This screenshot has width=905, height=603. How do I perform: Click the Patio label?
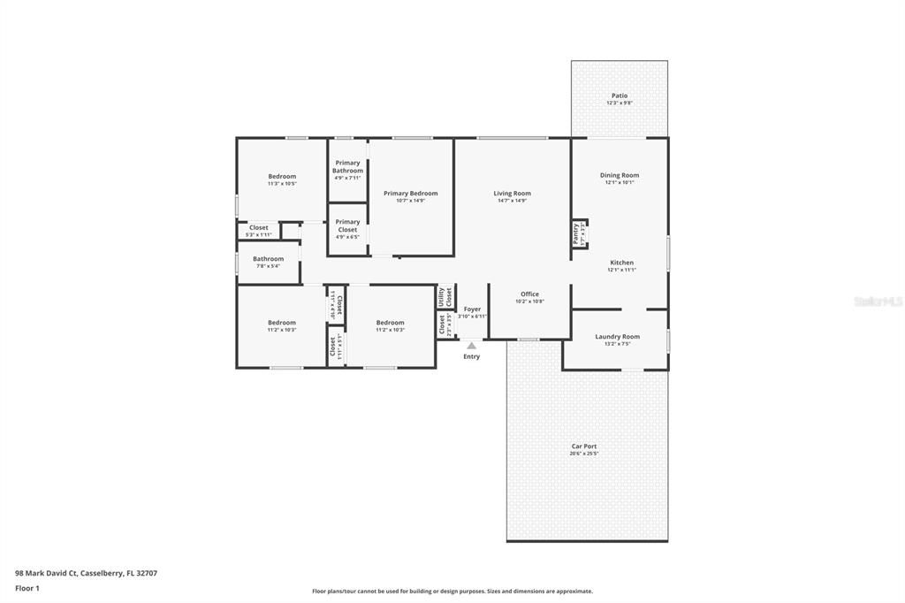coord(619,96)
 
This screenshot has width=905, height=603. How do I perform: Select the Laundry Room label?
coord(617,337)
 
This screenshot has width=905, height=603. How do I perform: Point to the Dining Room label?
coord(619,176)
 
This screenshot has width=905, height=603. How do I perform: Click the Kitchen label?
coord(621,263)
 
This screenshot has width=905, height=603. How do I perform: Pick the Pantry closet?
coord(578,233)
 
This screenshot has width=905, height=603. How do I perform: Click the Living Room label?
coord(512,194)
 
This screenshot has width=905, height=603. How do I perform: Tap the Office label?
coord(529,294)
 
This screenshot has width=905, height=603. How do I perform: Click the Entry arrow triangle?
coord(472,346)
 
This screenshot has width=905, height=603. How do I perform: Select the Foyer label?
coord(472,309)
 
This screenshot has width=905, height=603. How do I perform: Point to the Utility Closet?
coord(445,296)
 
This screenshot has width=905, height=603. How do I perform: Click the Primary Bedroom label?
coord(410,194)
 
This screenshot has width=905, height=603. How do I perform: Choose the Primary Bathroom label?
coord(347,167)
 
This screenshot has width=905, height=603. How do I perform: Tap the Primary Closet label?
coord(347,226)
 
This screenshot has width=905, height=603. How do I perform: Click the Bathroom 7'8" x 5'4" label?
coord(268,259)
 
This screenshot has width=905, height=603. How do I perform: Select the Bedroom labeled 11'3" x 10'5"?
coord(282,177)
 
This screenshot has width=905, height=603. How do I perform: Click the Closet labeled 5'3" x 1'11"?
coord(258,228)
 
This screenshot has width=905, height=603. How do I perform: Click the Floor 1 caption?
coord(28,588)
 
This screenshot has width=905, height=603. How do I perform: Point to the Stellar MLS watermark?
coord(878,301)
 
